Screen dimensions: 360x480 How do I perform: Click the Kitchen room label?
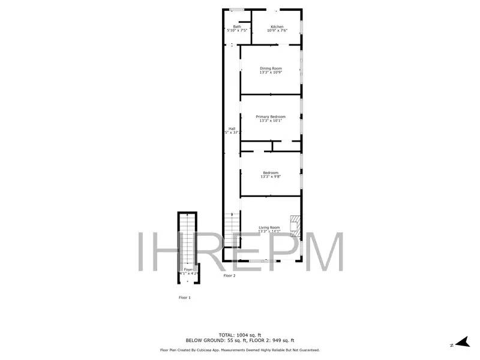pyautogui.click(x=277, y=26)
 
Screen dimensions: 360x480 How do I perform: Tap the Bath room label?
pyautogui.click(x=237, y=26)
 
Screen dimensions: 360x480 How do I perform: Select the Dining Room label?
pyautogui.click(x=271, y=68)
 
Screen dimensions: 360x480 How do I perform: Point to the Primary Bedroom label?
pyautogui.click(x=271, y=116)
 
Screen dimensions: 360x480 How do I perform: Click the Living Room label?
pyautogui.click(x=269, y=227)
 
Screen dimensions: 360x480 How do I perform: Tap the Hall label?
pyautogui.click(x=232, y=128)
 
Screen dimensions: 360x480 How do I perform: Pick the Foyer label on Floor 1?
pyautogui.click(x=188, y=269)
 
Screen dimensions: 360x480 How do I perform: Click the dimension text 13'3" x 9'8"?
pyautogui.click(x=271, y=177)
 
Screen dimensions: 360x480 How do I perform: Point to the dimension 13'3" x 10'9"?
pyautogui.click(x=271, y=73)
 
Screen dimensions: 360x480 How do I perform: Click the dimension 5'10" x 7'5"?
pyautogui.click(x=237, y=31)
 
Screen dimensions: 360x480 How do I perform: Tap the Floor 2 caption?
pyautogui.click(x=230, y=276)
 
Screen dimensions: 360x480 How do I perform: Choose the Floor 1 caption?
pyautogui.click(x=185, y=298)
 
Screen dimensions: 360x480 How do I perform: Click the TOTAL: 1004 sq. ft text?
pyautogui.click(x=239, y=335)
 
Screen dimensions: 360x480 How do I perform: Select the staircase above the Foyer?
pyautogui.click(x=188, y=240)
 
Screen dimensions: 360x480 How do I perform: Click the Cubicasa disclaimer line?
pyautogui.click(x=239, y=350)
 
